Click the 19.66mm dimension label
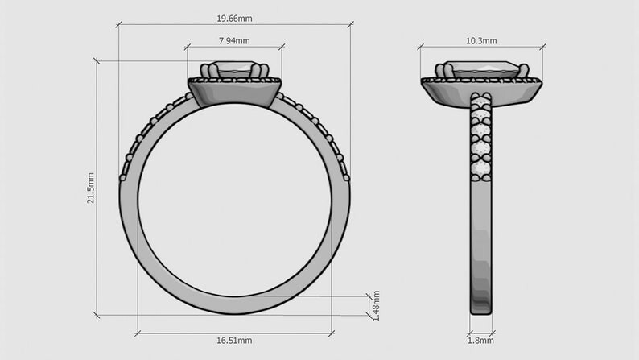[234, 19]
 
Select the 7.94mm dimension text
[234, 41]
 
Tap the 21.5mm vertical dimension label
[91, 188]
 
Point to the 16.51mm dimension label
[234, 341]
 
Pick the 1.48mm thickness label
[376, 306]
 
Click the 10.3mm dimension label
[481, 41]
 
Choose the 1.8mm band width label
[481, 341]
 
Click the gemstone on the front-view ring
[234, 69]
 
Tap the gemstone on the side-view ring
[482, 69]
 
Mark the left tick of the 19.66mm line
[118, 25]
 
